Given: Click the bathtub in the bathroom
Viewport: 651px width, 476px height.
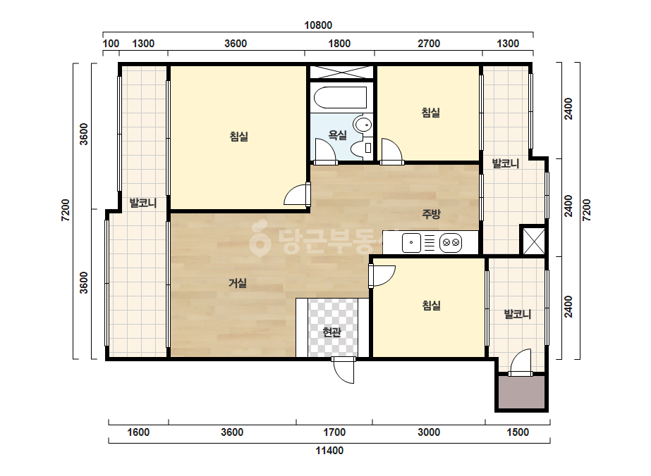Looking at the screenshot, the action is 341,97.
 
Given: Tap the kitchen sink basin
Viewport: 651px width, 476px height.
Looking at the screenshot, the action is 411,242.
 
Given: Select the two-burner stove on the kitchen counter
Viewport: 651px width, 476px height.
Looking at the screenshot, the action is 451,242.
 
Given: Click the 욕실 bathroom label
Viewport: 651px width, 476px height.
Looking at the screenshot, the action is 337,134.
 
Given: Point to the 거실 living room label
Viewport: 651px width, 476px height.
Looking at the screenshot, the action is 238,283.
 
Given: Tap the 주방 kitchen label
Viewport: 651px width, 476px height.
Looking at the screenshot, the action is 431,214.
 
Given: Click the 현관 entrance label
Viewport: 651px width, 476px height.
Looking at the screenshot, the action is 331,332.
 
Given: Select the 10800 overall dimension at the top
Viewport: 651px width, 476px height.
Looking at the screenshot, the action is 318,25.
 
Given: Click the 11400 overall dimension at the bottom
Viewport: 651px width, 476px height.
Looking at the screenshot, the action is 329,451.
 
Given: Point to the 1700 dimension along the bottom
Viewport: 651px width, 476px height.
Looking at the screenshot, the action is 334,432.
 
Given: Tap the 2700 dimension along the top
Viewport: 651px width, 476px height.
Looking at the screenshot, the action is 429,44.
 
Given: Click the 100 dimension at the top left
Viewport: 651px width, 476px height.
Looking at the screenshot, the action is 111,44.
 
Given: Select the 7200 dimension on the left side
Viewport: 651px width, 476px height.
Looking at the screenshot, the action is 66,211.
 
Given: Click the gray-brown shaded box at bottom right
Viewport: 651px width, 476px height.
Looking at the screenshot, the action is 521,392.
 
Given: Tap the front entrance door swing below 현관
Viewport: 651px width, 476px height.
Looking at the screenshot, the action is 343,371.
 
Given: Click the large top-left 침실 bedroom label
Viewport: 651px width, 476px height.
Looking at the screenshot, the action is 238,137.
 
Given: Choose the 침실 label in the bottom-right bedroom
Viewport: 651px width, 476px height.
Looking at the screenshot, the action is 432,306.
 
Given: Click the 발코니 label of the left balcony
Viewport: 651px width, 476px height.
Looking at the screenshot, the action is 142,203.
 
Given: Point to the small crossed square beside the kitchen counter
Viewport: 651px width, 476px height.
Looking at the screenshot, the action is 533,241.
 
